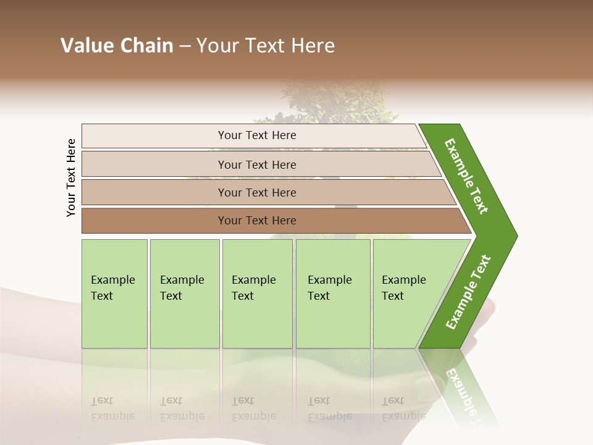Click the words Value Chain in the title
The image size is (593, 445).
point(117,46)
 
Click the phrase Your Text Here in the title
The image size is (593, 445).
point(266,46)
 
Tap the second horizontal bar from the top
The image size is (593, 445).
point(257,164)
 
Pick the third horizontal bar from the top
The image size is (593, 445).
point(257,192)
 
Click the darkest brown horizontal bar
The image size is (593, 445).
point(257,221)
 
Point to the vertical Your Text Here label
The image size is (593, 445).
point(71,177)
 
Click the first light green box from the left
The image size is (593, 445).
point(114,294)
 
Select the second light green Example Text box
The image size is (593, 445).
point(184,294)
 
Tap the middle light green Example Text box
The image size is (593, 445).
point(257,294)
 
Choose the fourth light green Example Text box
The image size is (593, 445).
point(333,294)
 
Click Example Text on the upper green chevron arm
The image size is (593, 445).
point(466,176)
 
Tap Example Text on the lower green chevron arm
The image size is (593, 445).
point(468,292)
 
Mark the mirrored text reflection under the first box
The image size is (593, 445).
point(113,409)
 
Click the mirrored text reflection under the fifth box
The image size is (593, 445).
point(403,409)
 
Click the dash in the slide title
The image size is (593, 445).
point(185,46)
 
